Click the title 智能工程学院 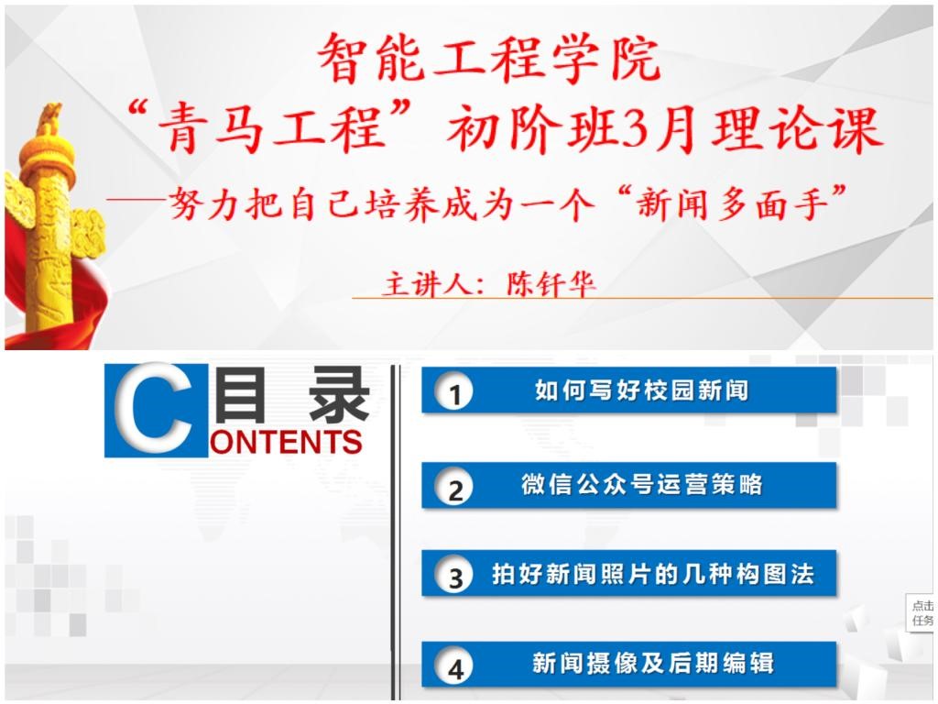[x=489, y=58]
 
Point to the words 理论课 [x=796, y=128]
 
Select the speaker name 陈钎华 [x=551, y=283]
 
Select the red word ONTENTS [x=287, y=442]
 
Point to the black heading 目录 [x=291, y=394]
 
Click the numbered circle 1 [x=454, y=392]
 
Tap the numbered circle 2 [x=454, y=488]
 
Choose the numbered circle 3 [x=454, y=576]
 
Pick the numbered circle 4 [x=454, y=666]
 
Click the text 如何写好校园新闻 [x=641, y=390]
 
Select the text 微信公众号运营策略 [x=642, y=484]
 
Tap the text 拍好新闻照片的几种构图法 [x=652, y=574]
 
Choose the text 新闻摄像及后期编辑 [x=652, y=664]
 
